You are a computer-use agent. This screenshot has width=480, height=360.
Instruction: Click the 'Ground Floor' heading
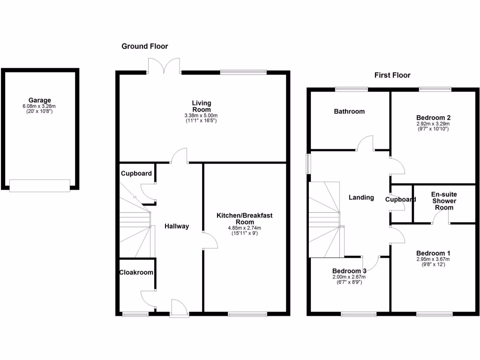pos(144,46)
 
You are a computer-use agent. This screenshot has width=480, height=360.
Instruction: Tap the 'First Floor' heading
pos(392,75)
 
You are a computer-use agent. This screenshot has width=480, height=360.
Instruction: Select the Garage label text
pos(39,100)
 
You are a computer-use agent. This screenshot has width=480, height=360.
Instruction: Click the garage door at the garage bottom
pos(40,185)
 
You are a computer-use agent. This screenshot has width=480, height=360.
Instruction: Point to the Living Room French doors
pos(164,67)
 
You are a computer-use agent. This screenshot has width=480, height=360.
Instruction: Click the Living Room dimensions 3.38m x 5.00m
pos(202,115)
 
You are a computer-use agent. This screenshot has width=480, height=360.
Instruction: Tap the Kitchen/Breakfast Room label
pos(244,218)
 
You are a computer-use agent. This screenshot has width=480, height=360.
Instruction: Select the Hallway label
pos(176,226)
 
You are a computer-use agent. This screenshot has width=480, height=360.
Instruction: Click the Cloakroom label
pos(136,272)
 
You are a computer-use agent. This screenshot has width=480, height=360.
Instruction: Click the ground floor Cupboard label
pos(136,173)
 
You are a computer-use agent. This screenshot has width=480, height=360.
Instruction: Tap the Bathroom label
pos(349,112)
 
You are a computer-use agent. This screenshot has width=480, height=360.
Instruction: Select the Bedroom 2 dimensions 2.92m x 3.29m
pos(433,124)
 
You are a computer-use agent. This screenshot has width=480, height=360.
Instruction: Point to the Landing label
pos(361,197)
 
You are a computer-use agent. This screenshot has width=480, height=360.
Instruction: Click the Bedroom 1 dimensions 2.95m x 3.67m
pos(433,259)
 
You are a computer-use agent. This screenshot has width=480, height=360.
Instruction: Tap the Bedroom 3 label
pos(349,271)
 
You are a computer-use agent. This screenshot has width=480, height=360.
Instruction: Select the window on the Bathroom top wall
pos(352,89)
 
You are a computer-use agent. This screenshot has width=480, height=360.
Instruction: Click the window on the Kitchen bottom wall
pos(247,314)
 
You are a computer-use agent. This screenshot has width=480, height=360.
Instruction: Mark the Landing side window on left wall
pos(308,164)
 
